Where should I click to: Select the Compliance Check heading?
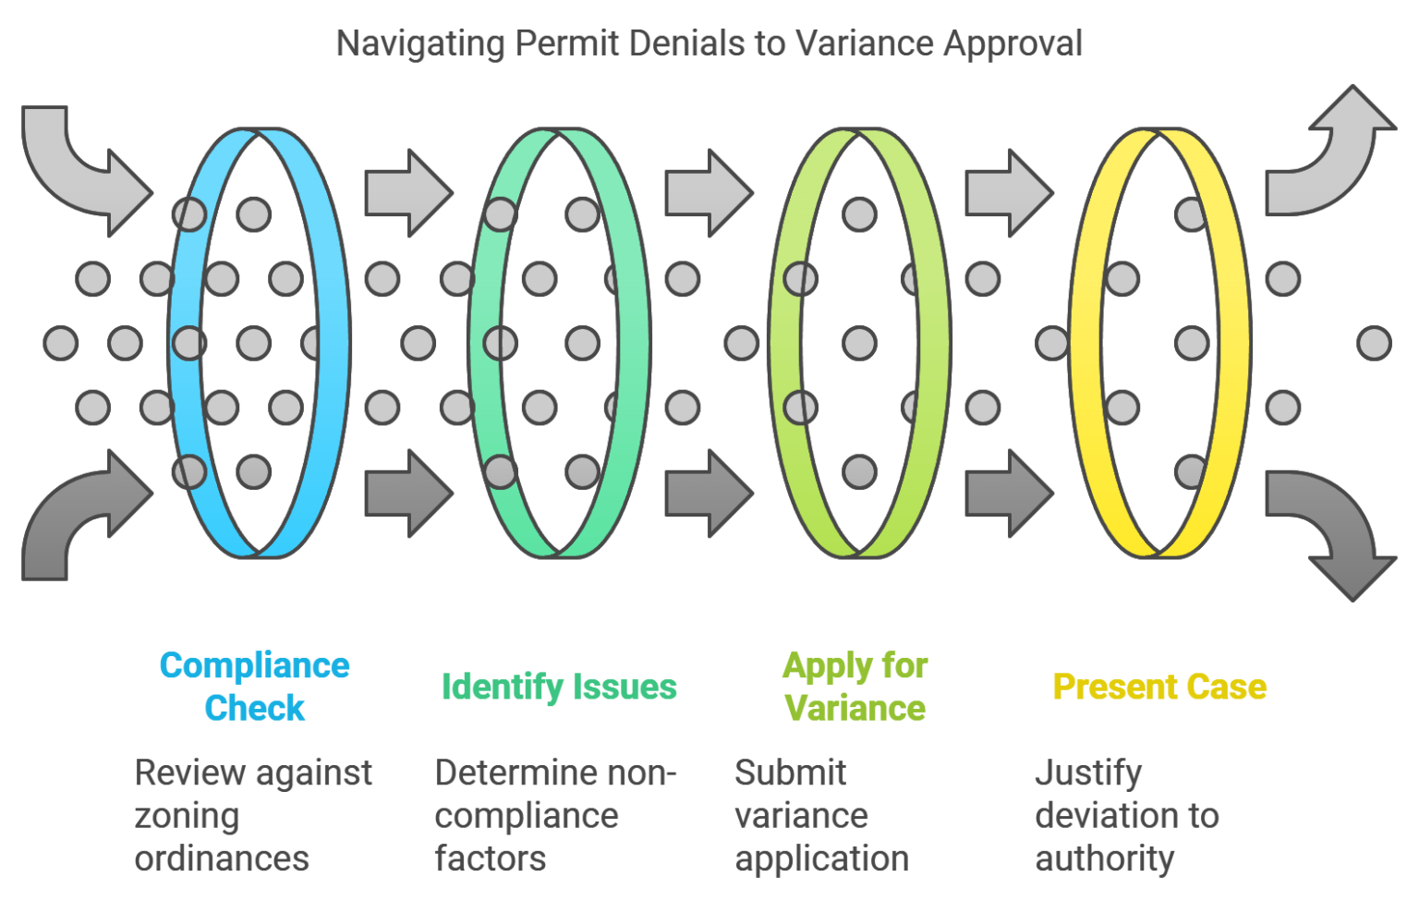click(x=254, y=687)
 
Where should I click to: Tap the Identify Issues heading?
click(x=559, y=687)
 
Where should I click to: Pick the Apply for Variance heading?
click(x=855, y=687)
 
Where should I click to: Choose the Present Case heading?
click(x=1159, y=687)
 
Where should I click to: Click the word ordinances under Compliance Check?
click(x=222, y=858)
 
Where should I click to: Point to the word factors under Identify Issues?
click(x=491, y=858)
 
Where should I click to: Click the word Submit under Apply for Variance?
click(x=791, y=773)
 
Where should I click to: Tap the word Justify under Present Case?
click(x=1088, y=773)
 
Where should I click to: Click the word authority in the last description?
click(x=1105, y=858)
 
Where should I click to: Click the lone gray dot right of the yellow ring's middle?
click(x=1374, y=343)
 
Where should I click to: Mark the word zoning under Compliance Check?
click(x=187, y=816)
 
